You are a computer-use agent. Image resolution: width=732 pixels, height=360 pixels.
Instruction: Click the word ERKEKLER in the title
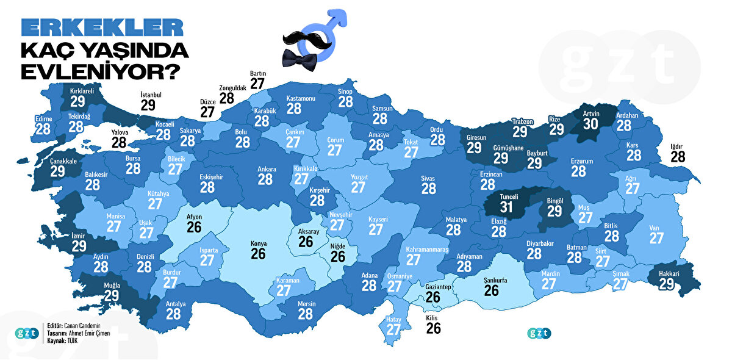[102, 28]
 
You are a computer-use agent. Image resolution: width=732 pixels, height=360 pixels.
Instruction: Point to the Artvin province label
[590, 114]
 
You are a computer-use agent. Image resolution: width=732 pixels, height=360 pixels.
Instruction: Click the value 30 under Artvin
[590, 124]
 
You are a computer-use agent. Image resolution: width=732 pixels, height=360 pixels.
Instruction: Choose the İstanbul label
[149, 96]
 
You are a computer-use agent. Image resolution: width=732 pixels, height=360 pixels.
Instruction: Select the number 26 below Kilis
[433, 329]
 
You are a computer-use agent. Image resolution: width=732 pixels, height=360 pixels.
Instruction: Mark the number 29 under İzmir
[79, 246]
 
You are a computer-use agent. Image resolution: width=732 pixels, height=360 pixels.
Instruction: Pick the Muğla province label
[112, 285]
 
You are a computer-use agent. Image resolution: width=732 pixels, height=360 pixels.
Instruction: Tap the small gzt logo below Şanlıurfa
[540, 333]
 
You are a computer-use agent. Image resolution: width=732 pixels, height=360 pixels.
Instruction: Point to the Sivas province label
[428, 179]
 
